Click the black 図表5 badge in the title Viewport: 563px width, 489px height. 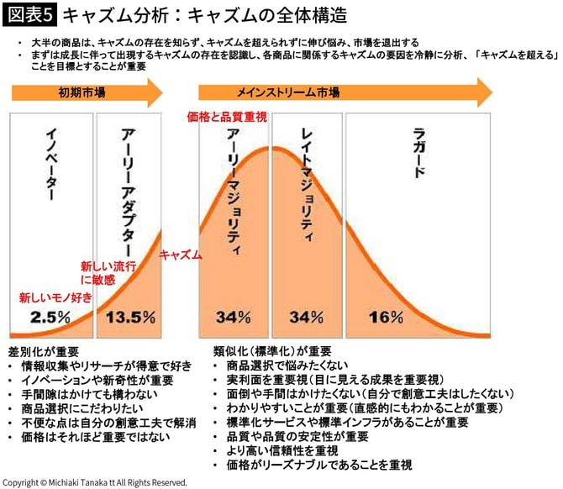point(30,15)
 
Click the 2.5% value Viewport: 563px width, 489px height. point(45,317)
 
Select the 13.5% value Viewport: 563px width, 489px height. point(130,317)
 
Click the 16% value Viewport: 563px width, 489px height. point(386,317)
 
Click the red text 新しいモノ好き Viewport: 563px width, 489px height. point(55,297)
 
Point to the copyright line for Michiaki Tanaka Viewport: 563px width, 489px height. point(94,482)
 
